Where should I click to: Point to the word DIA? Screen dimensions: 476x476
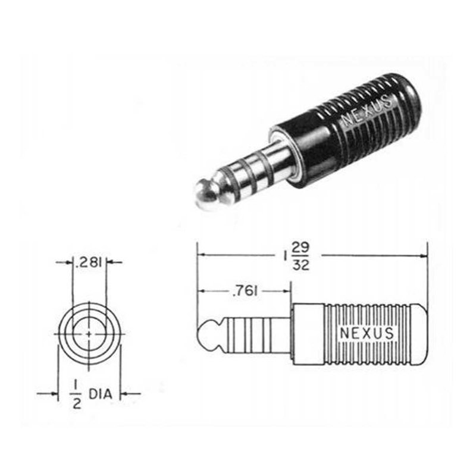[x=101, y=394]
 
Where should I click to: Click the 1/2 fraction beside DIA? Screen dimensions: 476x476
[x=76, y=394]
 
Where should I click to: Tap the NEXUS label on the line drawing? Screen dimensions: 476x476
[x=367, y=333]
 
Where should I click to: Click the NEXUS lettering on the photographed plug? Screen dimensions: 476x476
[x=367, y=111]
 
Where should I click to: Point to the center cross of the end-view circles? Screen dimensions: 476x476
[x=89, y=334]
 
